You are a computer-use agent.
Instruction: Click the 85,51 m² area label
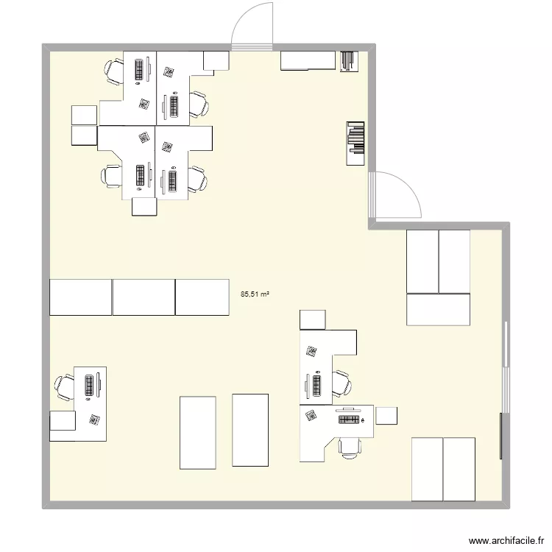click(x=255, y=294)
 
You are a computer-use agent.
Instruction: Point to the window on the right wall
click(x=505, y=366)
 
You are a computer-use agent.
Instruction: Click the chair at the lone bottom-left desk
click(x=63, y=388)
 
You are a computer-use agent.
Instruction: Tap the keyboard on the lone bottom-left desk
click(x=90, y=385)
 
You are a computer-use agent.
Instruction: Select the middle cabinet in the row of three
click(x=144, y=297)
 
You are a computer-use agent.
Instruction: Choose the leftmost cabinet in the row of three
click(x=80, y=297)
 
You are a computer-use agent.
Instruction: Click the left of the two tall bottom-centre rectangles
click(x=198, y=432)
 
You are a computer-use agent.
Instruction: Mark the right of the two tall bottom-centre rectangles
click(x=250, y=430)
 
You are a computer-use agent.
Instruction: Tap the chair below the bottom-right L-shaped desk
click(x=349, y=446)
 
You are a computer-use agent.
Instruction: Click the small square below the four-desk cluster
click(x=144, y=207)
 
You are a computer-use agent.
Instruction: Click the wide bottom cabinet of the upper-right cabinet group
click(x=438, y=309)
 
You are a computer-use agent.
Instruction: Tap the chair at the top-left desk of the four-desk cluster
click(x=114, y=70)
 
